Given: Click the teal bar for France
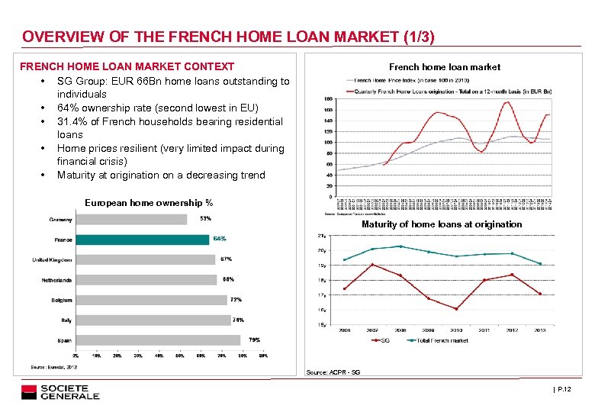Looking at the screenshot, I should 142,240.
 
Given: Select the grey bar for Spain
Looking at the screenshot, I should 158,340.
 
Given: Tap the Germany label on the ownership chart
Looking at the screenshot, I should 61,220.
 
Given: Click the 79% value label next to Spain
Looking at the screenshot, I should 254,340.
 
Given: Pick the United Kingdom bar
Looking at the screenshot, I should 145,259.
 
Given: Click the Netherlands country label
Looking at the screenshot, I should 57,280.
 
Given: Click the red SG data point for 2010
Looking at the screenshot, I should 456,309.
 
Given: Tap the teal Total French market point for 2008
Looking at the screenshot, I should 400,246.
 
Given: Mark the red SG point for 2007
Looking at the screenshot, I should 372,265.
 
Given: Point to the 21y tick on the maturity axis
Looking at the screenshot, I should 322,236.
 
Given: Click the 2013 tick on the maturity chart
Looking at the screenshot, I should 540,330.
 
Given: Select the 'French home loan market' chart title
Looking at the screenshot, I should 445,67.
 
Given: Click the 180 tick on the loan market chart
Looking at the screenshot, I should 327,99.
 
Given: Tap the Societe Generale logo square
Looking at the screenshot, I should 29,392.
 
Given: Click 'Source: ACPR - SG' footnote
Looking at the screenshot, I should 333,372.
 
